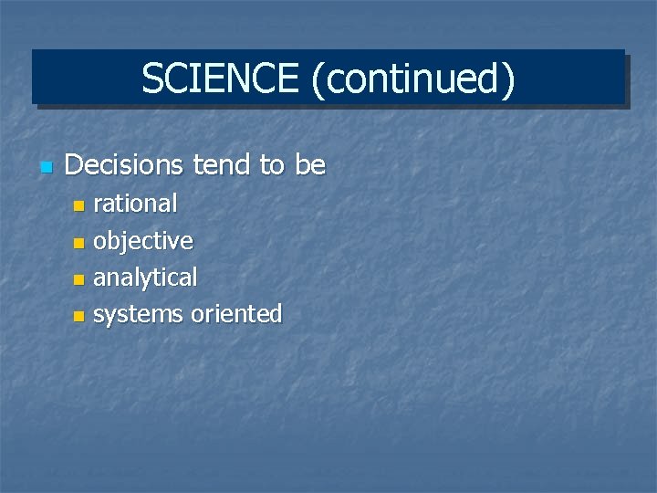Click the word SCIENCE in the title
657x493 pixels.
coord(220,79)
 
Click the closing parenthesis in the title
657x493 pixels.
coord(508,79)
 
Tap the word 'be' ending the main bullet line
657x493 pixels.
coord(310,165)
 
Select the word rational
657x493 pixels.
coord(135,204)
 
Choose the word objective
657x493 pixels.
coord(143,242)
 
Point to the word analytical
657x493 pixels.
coord(145,278)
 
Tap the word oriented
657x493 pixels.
coord(236,314)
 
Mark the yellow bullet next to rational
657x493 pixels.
coord(78,205)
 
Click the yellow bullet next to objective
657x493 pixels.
coord(78,243)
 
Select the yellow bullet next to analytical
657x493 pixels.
coord(78,279)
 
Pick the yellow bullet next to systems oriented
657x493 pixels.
coord(78,316)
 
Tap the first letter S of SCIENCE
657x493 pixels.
coord(151,79)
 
